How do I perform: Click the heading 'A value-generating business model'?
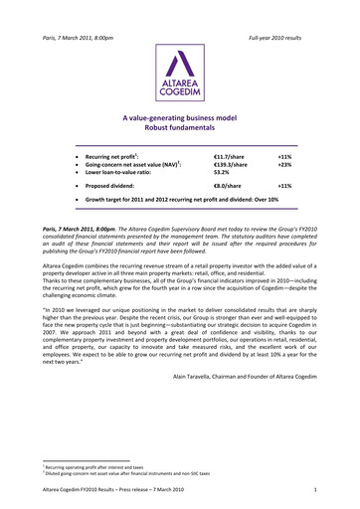(x=180, y=118)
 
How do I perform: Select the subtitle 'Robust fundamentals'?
(x=180, y=129)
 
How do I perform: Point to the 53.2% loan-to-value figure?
(x=224, y=175)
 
